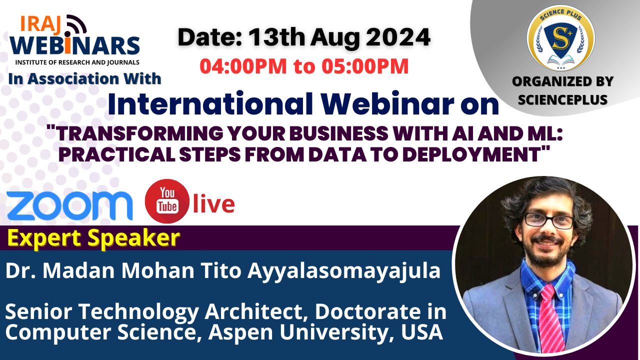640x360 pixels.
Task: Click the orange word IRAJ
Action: click(40, 23)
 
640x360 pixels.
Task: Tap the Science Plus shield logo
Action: click(561, 37)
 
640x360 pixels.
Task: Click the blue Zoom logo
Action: click(69, 205)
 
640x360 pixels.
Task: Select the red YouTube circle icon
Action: click(167, 201)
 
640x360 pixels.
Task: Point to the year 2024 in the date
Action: click(398, 37)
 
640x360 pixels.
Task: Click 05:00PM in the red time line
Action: click(365, 66)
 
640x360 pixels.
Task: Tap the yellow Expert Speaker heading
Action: click(93, 238)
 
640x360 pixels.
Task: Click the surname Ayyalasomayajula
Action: click(344, 271)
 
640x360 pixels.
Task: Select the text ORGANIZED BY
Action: click(562, 81)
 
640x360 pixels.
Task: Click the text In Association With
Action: click(85, 79)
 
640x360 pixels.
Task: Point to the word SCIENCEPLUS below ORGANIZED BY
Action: click(562, 99)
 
